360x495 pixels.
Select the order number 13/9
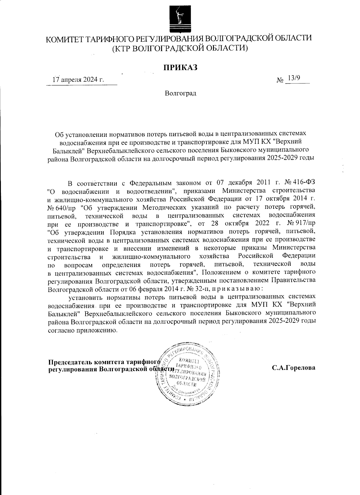(292, 78)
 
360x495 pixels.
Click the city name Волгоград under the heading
(180, 93)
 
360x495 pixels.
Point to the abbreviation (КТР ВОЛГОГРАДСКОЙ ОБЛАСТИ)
(180, 48)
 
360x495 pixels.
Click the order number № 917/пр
(301, 223)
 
